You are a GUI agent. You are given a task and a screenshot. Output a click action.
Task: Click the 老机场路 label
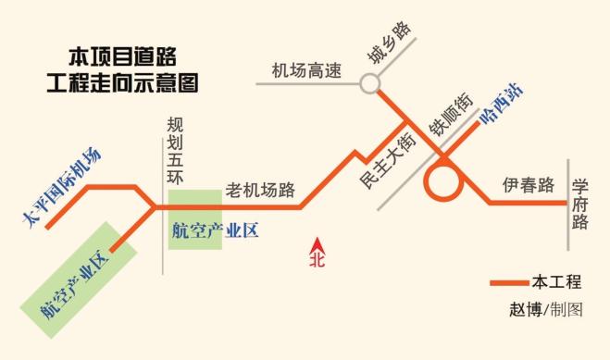pyautogui.click(x=260, y=192)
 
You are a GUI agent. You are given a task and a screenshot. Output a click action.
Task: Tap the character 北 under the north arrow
pyautogui.click(x=317, y=260)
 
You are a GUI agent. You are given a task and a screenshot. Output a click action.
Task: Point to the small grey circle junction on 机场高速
pyautogui.click(x=370, y=84)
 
